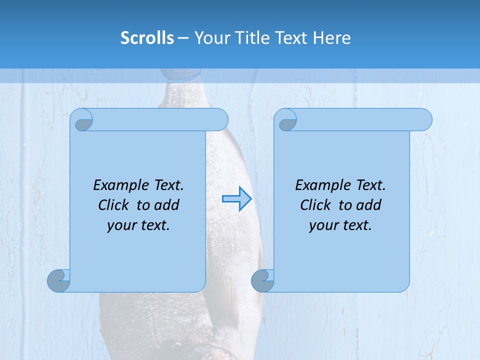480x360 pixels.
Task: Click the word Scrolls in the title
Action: [147, 38]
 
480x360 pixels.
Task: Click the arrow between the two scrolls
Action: [236, 198]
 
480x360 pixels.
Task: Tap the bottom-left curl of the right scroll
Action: [263, 280]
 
